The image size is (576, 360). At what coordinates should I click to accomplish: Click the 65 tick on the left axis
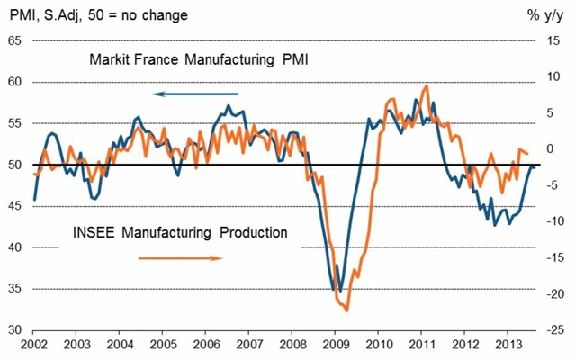click(15, 40)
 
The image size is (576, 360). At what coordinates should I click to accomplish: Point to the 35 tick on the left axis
click(15, 289)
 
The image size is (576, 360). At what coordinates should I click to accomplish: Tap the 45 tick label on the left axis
click(15, 206)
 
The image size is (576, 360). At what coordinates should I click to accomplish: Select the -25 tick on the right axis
click(553, 330)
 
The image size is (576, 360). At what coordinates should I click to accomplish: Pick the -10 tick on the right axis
click(553, 221)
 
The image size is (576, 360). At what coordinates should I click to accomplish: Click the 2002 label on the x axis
click(32, 345)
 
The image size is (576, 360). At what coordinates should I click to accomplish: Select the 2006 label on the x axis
click(205, 345)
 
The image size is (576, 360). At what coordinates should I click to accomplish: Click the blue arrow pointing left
click(195, 94)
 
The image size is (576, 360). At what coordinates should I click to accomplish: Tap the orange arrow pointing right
click(180, 258)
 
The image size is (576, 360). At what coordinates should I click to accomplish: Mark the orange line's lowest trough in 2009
click(346, 310)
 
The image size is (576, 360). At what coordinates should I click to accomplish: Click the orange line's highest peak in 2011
click(426, 86)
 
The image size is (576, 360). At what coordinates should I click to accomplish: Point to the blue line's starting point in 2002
click(34, 199)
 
